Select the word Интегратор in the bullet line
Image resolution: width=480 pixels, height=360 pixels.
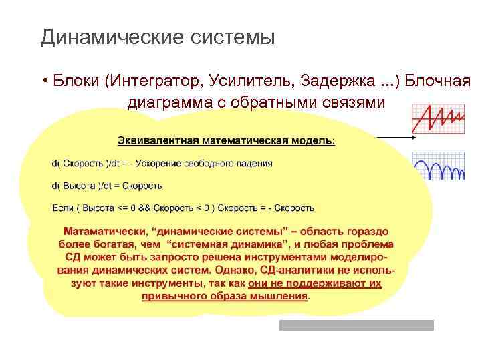154,81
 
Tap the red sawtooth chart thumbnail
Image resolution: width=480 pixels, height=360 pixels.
438,118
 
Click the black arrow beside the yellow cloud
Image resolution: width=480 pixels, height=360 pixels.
398,137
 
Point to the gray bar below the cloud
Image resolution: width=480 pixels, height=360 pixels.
356,325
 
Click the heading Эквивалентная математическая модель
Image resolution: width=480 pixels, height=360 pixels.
226,140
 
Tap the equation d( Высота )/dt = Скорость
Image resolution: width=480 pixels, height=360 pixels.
107,186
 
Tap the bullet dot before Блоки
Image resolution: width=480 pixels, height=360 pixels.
42,82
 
